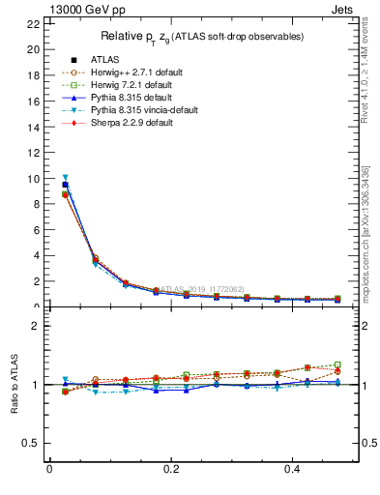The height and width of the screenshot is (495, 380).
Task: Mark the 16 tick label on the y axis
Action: coord(34,102)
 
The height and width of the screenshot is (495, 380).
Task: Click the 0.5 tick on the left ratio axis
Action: coord(32,444)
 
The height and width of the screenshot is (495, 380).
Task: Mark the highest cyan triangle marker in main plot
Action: coord(65,178)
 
